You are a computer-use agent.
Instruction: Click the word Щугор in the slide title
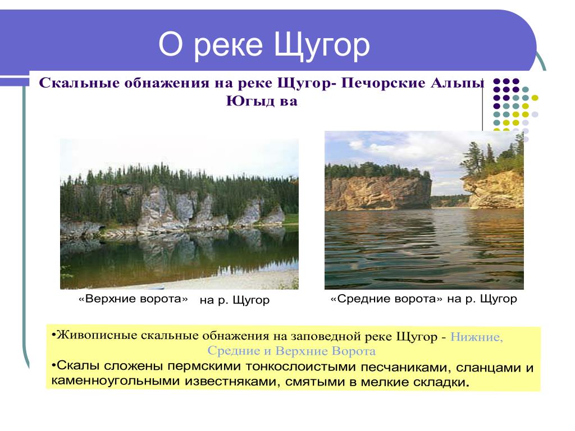coord(322,45)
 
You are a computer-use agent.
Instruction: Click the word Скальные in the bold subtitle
coord(80,83)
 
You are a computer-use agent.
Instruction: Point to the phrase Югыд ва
coord(262,101)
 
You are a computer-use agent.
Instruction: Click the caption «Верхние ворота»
coord(133,299)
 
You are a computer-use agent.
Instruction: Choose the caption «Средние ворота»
coord(386,299)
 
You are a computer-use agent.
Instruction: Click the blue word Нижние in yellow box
coord(476,337)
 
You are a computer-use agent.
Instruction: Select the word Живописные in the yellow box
coord(97,336)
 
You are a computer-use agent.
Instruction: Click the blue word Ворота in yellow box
coord(354,351)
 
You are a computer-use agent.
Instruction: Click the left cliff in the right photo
coord(378,193)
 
